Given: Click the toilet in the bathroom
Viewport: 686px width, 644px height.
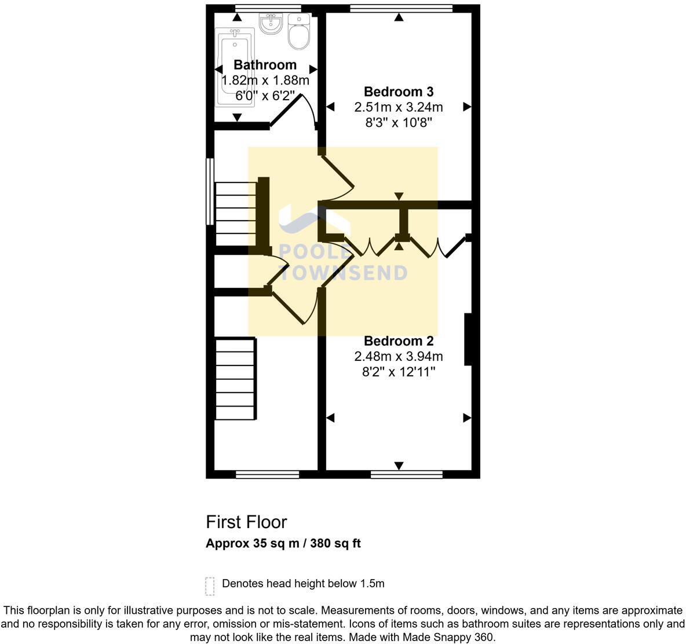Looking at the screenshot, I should coord(299,33).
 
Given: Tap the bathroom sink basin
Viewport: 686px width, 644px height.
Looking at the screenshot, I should coord(270,24).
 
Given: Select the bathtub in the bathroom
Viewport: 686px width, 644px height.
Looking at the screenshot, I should coord(235,67).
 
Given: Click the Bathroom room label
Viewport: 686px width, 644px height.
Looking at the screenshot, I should coord(265,65).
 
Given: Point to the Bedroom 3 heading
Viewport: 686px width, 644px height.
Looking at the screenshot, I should coord(399,92).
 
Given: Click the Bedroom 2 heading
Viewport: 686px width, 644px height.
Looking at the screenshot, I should coord(399,341).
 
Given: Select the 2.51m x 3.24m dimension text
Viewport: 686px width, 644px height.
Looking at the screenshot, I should coord(399,107).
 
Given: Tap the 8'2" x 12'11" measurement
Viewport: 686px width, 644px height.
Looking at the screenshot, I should coord(399,372).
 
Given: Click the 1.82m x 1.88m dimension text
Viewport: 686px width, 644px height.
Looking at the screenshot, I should coord(265,80).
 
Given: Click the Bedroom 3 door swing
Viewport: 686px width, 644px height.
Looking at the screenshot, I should coord(337,177).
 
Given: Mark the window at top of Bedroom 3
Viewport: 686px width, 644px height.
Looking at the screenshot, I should coord(401,8).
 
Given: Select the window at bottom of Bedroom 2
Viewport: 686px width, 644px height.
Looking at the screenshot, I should coord(406,474).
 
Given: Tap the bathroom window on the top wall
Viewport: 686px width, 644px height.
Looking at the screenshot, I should coord(268,8).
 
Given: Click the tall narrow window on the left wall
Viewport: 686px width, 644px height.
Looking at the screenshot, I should coord(210,191).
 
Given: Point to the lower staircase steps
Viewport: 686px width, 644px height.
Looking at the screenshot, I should coord(235,379).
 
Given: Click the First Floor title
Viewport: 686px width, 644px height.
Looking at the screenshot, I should coord(246,522).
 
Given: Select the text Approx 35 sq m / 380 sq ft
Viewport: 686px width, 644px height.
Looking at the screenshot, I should coord(283,544).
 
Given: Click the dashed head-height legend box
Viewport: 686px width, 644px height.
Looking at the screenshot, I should coord(210,586).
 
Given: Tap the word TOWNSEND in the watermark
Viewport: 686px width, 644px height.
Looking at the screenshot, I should coord(344,273).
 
